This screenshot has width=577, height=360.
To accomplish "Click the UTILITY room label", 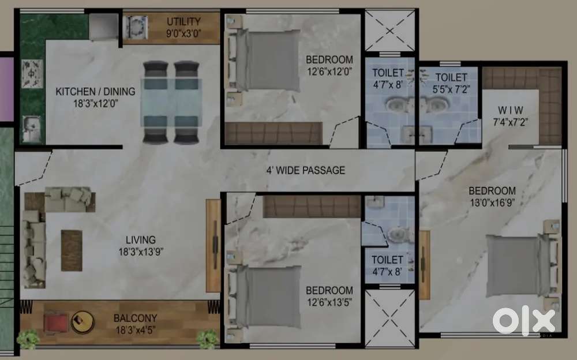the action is click(x=183, y=21).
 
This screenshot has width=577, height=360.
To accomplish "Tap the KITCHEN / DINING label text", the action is click(x=95, y=91).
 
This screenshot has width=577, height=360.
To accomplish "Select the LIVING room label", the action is click(x=141, y=240).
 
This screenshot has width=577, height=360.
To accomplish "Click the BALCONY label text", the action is click(x=136, y=318).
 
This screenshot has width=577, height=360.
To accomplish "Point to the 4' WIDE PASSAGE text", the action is click(x=306, y=170).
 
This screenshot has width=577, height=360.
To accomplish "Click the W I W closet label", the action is click(x=511, y=110).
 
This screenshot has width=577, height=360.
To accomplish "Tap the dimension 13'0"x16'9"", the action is click(x=492, y=203).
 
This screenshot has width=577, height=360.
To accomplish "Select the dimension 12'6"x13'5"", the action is click(x=329, y=302).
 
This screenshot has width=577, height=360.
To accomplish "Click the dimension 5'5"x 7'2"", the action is click(x=451, y=89).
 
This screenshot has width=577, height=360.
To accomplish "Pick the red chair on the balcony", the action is click(x=55, y=322).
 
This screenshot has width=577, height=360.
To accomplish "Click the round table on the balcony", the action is click(x=82, y=322).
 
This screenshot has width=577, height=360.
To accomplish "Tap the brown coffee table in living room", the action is click(x=72, y=251).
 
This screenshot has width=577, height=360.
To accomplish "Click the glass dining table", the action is click(x=171, y=102).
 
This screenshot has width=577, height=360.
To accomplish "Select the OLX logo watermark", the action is click(x=524, y=320).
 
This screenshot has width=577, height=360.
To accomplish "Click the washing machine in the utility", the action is click(x=137, y=27).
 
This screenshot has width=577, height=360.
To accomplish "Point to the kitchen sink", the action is click(x=32, y=129).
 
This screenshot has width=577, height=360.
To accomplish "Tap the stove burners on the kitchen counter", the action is click(x=32, y=74).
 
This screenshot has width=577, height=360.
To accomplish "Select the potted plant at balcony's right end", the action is click(x=207, y=339).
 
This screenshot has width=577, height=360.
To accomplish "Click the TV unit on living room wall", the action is click(x=213, y=246).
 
